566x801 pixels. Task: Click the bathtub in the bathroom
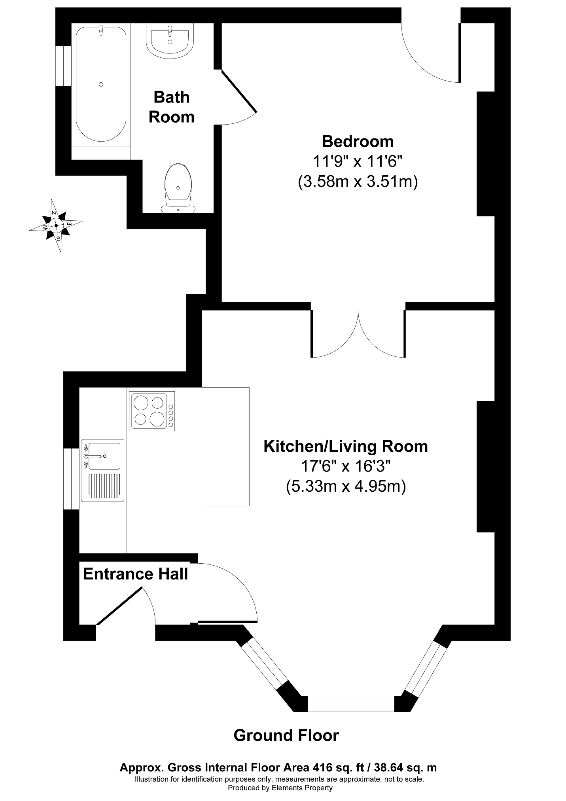coord(101,84)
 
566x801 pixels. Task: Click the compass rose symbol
coord(56,225)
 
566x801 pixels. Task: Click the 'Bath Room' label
coord(172,107)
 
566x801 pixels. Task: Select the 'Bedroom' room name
coord(358,141)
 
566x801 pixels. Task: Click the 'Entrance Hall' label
coord(135,574)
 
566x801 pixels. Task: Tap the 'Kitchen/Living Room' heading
coord(346,446)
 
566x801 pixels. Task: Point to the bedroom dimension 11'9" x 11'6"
coord(358,161)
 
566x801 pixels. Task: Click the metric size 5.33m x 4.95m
coord(346,487)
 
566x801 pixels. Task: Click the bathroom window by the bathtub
coord(63,66)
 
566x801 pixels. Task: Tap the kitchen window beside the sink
coord(71,479)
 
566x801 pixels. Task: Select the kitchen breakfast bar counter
coord(225,447)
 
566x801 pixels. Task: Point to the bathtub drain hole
coord(101,84)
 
